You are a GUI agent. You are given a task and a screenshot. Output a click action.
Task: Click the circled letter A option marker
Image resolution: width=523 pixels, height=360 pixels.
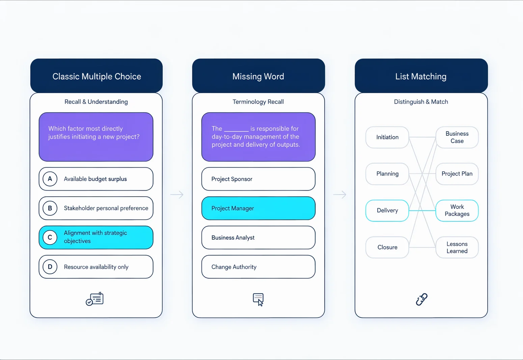click(x=50, y=179)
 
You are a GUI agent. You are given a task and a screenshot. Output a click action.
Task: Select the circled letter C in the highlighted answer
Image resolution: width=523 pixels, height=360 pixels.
click(x=50, y=238)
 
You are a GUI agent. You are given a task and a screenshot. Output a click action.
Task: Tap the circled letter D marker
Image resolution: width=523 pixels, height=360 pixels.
click(x=50, y=267)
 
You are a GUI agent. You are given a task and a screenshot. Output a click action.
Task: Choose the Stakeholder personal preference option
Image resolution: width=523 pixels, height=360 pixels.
click(x=96, y=208)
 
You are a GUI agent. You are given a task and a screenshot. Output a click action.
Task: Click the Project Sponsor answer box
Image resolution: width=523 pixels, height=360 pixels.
click(x=258, y=179)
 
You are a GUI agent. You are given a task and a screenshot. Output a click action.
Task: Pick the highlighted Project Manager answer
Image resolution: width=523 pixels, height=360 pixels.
click(x=258, y=208)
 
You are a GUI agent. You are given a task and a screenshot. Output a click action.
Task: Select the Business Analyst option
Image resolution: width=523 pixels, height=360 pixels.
click(x=258, y=238)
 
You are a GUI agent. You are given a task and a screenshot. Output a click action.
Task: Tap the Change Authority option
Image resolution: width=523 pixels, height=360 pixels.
click(x=258, y=267)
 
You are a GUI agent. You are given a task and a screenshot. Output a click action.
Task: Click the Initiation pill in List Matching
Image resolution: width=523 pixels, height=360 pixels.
click(x=387, y=137)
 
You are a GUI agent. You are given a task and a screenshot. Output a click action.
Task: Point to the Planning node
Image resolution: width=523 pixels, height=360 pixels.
click(x=387, y=174)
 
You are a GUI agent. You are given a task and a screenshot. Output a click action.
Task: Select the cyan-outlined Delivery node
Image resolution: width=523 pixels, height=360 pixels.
click(x=387, y=210)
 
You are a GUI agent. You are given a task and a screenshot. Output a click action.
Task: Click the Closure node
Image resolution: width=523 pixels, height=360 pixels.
click(x=387, y=247)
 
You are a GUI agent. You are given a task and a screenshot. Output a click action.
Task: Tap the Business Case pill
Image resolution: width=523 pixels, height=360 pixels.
click(x=457, y=137)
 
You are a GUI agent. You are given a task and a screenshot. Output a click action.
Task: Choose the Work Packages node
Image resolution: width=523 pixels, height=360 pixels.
click(x=457, y=210)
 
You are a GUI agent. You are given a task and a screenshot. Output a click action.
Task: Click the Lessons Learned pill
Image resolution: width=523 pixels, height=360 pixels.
click(x=457, y=247)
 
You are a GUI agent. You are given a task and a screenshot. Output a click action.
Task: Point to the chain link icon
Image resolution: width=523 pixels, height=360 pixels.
click(x=421, y=299)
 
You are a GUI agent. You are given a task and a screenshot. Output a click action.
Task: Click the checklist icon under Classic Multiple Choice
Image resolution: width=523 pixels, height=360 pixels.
click(x=94, y=299)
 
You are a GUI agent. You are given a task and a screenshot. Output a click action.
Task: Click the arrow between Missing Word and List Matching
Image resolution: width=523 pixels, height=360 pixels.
click(x=339, y=194)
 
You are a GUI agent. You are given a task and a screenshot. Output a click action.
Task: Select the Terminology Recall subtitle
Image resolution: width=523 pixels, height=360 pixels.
click(x=258, y=102)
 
